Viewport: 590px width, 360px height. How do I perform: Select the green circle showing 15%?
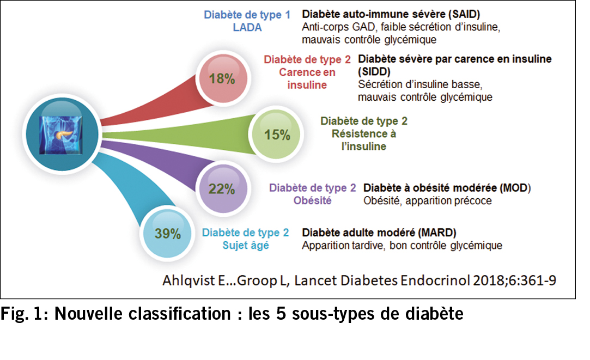point(277,135)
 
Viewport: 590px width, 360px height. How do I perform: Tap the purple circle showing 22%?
point(222,189)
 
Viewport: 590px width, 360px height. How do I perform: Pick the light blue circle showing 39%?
point(168,234)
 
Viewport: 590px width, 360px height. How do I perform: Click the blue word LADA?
point(247,28)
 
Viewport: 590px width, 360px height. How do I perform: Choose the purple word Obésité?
point(312,201)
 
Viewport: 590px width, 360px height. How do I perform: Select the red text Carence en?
point(307,72)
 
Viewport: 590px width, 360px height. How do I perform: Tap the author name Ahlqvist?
point(186,281)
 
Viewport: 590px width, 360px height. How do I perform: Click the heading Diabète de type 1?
point(247,15)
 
